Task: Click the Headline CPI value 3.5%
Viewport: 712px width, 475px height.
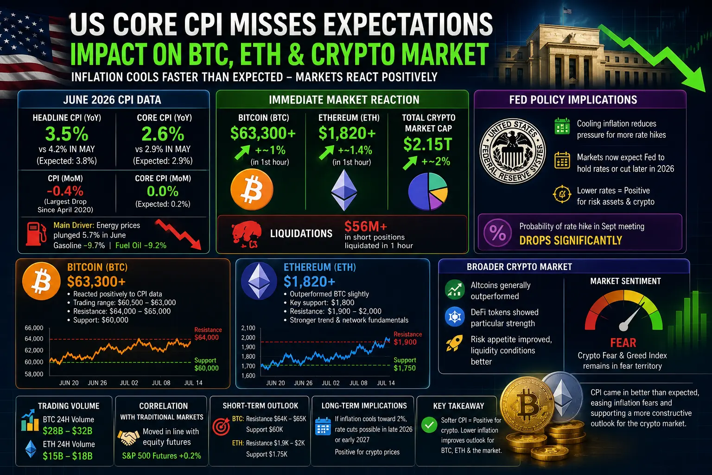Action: coord(67,134)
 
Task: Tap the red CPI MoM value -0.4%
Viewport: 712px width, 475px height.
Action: coord(65,191)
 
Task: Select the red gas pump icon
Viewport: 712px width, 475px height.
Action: coord(36,234)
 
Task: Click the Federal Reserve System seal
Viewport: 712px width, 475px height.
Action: coord(512,151)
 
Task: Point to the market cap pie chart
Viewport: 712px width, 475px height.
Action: coord(428,192)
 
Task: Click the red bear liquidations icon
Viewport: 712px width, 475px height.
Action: coord(247,234)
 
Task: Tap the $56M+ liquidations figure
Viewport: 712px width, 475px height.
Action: coord(366,226)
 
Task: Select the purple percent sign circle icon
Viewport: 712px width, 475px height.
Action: coord(498,233)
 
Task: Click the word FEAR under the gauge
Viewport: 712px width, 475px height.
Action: coord(623,343)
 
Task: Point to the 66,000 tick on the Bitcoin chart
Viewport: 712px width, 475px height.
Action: coord(34,328)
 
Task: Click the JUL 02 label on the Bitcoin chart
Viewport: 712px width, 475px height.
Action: coord(129,383)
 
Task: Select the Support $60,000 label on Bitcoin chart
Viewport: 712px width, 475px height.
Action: coord(206,364)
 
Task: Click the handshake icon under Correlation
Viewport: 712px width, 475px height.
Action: coord(128,437)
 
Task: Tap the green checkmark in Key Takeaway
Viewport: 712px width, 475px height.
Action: coord(429,425)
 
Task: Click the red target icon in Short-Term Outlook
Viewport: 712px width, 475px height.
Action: coord(221,426)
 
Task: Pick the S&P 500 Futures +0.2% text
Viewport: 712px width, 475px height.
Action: coord(161,456)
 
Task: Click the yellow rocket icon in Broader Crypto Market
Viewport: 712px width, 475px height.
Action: coord(454,343)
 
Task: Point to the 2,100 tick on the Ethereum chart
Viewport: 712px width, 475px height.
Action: coord(248,328)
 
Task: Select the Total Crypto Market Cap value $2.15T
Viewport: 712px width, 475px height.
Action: coord(427,144)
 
